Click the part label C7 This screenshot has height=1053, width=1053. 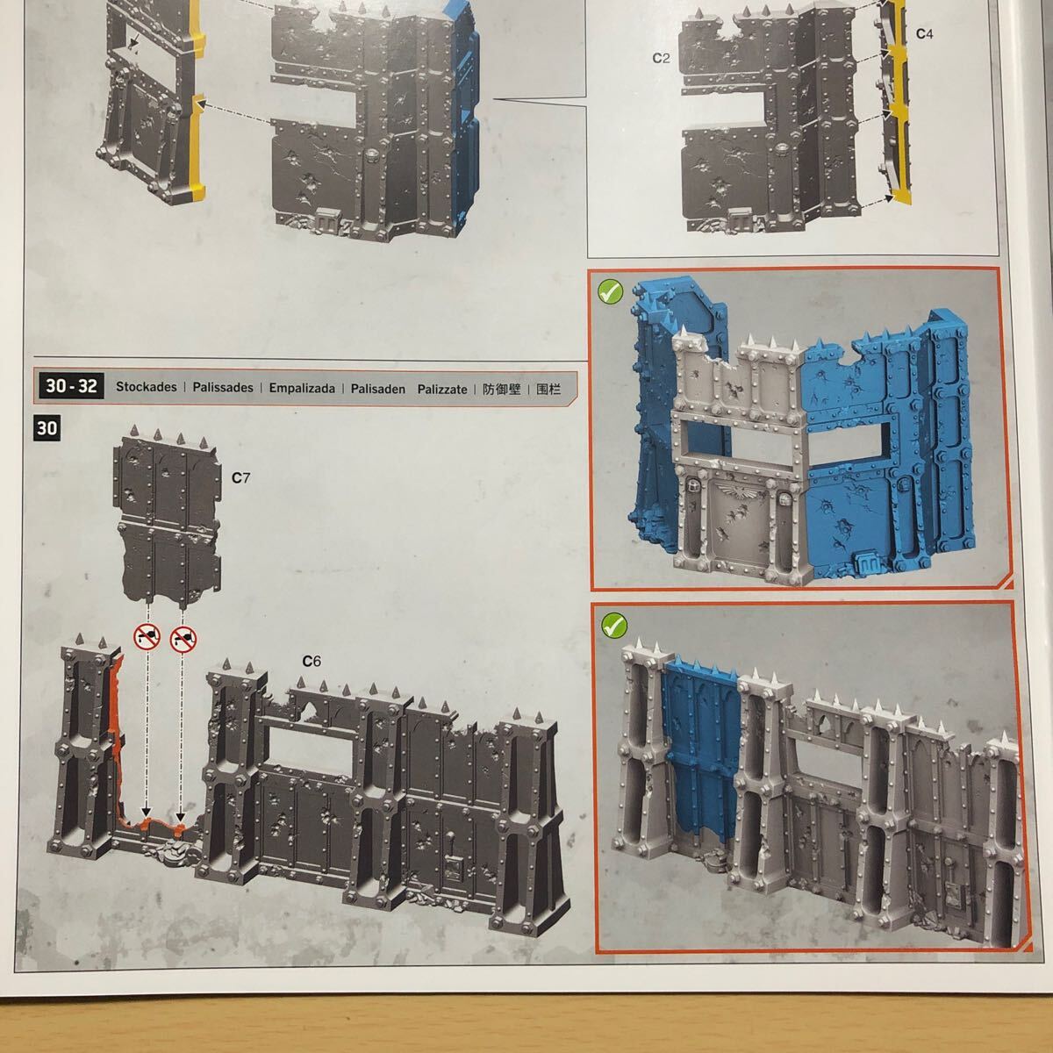[240, 477]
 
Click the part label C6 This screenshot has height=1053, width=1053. [312, 662]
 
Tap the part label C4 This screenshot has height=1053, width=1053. [925, 34]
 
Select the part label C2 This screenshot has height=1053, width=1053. [662, 58]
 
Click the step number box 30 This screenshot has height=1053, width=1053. [47, 428]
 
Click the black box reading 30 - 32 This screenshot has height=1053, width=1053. [71, 386]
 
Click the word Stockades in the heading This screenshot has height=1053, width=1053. [146, 387]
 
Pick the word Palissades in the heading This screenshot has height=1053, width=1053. [223, 388]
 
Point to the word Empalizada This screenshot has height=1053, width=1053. [302, 388]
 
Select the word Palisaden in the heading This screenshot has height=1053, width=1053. [377, 389]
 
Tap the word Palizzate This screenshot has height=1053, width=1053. [442, 389]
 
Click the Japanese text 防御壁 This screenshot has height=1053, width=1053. [501, 389]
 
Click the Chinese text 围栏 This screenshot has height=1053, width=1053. [548, 389]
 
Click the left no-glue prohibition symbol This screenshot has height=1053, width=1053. [147, 636]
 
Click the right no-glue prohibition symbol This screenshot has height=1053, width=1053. [183, 639]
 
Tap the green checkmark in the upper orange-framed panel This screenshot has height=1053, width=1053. [611, 292]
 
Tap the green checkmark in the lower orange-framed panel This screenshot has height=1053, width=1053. [613, 625]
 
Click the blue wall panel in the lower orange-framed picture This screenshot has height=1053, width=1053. [701, 754]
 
